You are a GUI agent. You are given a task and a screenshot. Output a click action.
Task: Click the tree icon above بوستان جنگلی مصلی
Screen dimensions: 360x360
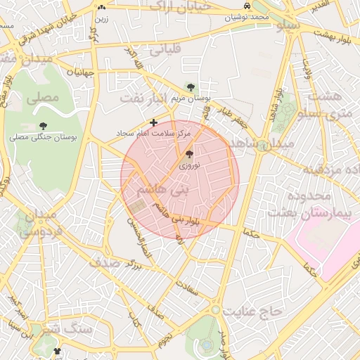coord(33,127)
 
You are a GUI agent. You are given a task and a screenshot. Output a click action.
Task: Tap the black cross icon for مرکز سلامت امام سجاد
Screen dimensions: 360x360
coord(154,123)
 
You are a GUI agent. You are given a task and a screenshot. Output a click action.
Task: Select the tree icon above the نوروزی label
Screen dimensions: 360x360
coord(189,154)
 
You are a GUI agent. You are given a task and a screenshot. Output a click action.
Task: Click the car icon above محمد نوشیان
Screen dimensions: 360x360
coord(247,6)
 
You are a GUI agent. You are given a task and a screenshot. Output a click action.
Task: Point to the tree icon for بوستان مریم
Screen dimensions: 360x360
coord(191,86)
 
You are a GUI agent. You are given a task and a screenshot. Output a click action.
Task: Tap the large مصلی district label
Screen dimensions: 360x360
coord(42,99)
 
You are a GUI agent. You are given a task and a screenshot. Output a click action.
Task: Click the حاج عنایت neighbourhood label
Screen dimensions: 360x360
coord(252,309)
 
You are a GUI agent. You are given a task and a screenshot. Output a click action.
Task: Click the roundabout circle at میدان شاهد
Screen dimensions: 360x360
coord(262,146)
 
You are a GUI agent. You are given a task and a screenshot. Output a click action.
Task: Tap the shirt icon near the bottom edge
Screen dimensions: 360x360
coord(57,352)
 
